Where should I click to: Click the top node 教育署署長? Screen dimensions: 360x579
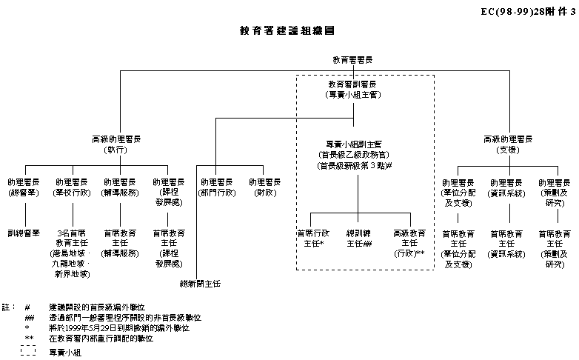[x=352, y=59]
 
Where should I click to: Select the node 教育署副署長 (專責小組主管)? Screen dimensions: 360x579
[x=352, y=89]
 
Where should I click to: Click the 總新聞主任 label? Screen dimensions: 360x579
[x=201, y=284]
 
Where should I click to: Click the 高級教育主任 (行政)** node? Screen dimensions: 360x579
[x=409, y=242]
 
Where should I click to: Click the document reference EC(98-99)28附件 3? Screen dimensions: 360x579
[x=527, y=11]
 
